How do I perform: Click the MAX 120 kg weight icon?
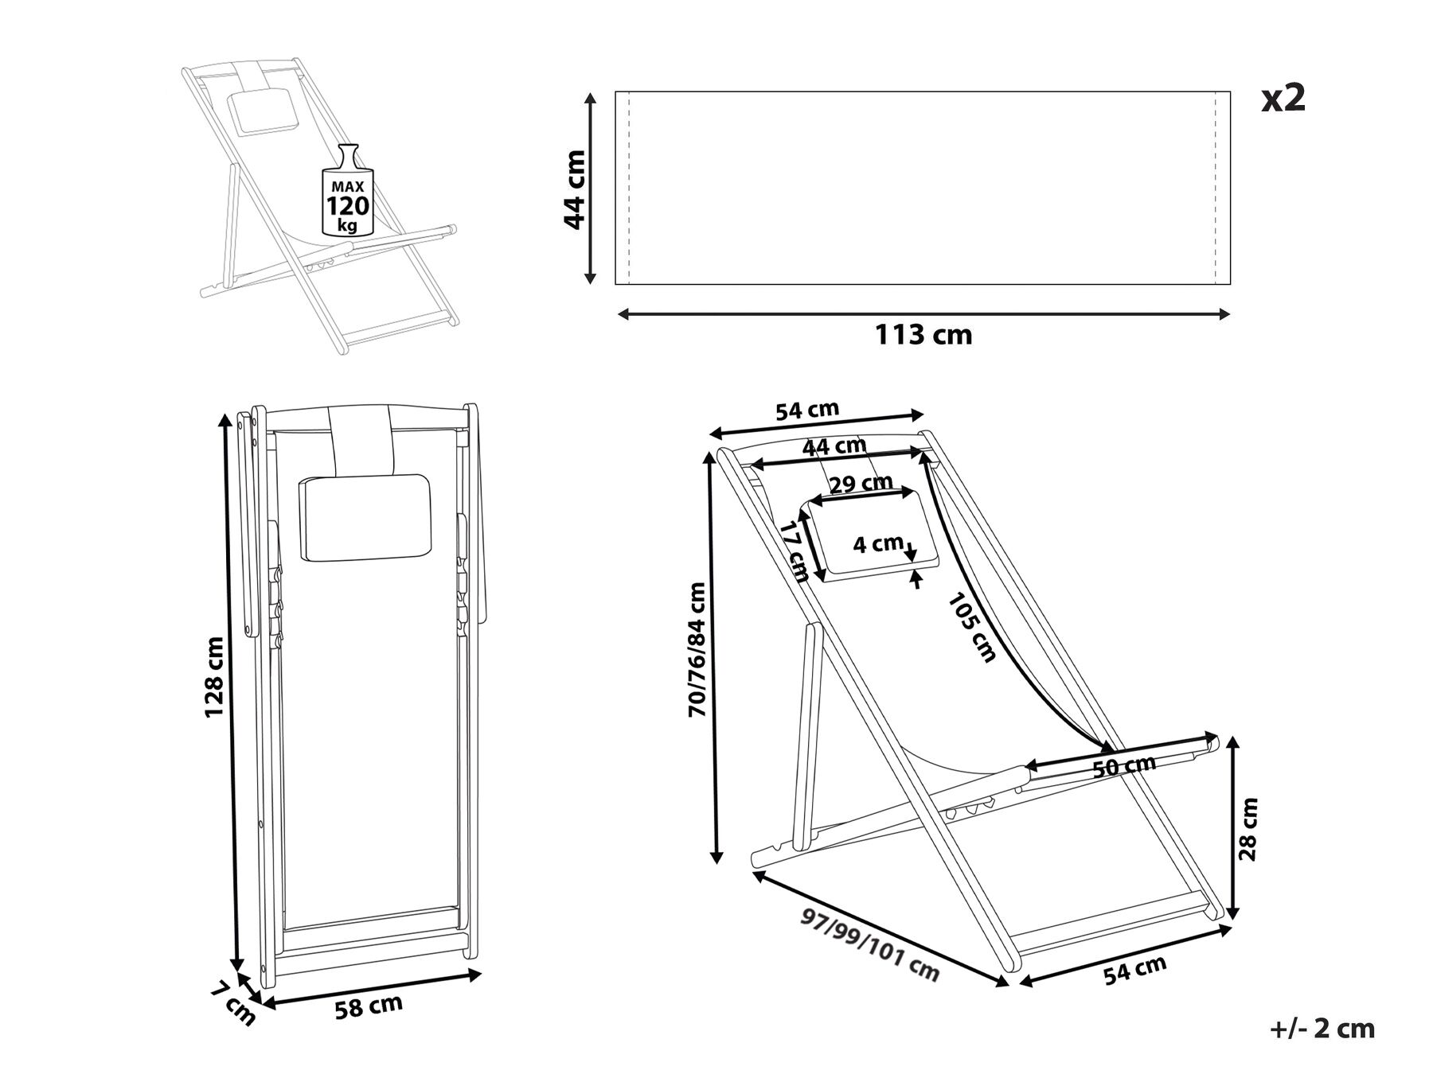(x=348, y=193)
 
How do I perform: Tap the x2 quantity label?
(x=1283, y=99)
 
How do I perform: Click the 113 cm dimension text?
(x=923, y=335)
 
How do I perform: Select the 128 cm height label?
(x=215, y=677)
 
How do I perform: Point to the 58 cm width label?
(x=368, y=1006)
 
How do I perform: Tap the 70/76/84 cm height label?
(x=697, y=649)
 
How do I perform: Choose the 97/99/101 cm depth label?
(x=870, y=947)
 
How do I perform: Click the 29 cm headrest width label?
(x=861, y=484)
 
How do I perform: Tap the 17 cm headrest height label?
(x=795, y=551)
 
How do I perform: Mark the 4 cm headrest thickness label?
(x=877, y=544)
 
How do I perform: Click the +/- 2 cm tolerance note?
(x=1322, y=1029)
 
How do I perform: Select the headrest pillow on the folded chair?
(x=364, y=516)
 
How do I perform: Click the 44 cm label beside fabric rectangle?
(x=575, y=189)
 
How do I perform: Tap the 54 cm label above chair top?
(x=807, y=411)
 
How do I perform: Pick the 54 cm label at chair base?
(x=1134, y=971)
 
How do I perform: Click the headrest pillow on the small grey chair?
(x=262, y=109)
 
